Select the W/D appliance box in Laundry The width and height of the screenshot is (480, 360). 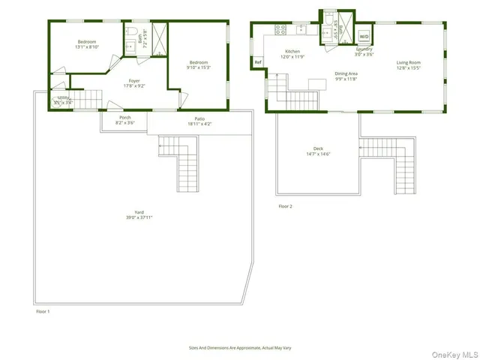364,36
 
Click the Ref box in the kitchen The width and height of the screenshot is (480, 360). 258,62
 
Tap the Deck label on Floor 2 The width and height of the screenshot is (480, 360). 318,148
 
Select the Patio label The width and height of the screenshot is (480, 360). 199,118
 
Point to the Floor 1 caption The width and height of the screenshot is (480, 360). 44,309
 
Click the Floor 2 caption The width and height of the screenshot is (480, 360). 285,205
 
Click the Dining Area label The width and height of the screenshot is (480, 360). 346,73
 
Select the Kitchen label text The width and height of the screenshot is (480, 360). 292,51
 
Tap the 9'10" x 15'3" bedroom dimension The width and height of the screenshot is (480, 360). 199,67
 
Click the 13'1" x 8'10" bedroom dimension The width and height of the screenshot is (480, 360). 86,46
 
